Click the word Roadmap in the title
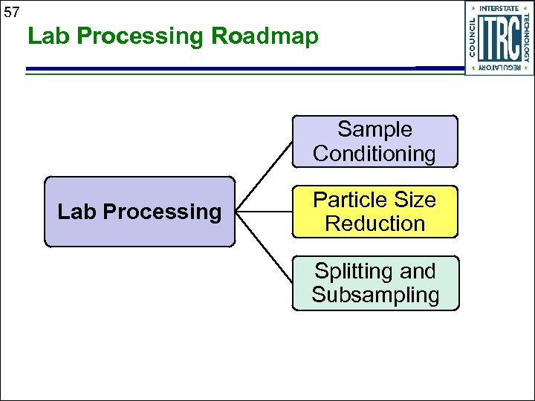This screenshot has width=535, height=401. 265,36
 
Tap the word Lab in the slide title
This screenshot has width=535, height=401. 47,36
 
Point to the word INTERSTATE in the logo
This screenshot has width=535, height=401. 499,8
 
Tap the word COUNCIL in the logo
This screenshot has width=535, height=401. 473,37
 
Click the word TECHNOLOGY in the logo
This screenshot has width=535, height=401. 527,37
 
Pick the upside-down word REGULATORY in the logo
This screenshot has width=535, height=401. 499,68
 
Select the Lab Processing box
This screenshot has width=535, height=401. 139,212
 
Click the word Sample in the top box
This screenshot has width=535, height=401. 374,129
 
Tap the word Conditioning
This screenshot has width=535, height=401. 374,154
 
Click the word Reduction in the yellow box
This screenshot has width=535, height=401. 374,224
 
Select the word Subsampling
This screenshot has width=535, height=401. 375,295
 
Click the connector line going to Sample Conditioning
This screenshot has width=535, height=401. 264,175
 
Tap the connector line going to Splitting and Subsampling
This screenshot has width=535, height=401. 264,248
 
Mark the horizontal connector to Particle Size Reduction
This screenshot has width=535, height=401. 263,212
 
